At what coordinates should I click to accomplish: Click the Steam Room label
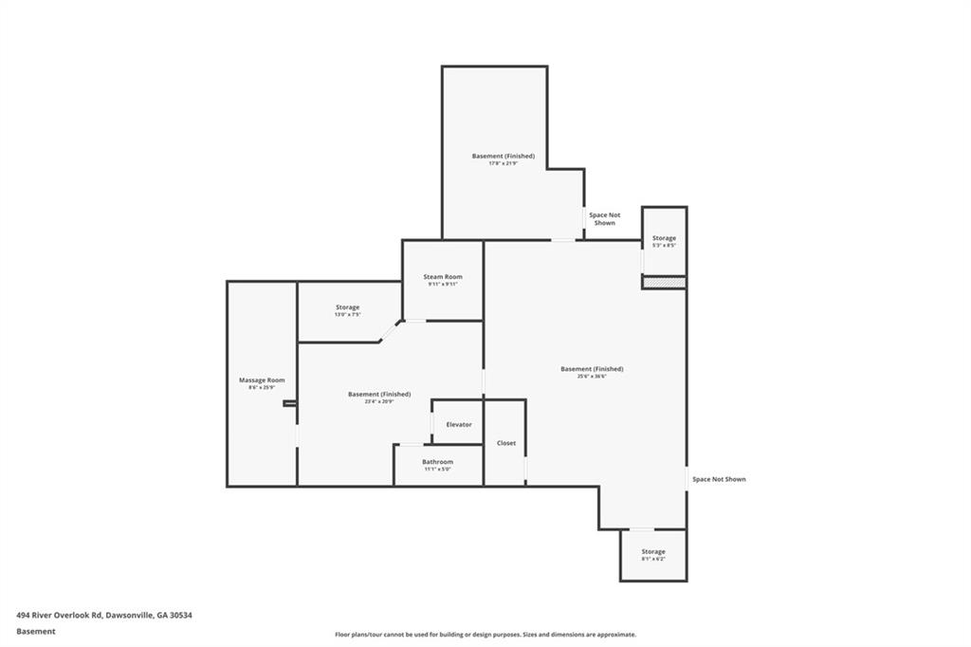[x=443, y=276]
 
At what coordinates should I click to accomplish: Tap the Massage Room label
[x=262, y=379]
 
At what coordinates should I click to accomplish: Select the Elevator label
[x=459, y=424]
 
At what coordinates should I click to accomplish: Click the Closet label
[x=506, y=443]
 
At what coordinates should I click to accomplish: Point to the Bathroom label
[x=437, y=461]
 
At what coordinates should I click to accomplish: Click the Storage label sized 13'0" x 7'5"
[x=347, y=306]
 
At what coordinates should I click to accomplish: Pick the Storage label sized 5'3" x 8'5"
[x=664, y=237]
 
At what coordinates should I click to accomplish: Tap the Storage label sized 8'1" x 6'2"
[x=652, y=551]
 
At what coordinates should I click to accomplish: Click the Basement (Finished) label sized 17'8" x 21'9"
[x=504, y=156]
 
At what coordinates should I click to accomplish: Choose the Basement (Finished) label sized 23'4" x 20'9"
[x=379, y=394]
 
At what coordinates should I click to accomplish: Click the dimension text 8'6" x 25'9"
[x=262, y=387]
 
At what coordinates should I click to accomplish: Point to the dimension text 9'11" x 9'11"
[x=443, y=284]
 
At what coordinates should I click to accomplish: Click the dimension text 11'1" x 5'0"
[x=437, y=469]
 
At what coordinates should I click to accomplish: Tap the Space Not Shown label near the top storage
[x=605, y=219]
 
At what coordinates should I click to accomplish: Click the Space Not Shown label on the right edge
[x=719, y=479]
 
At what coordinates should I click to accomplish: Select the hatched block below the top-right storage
[x=664, y=282]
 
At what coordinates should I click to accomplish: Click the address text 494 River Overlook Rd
[x=104, y=615]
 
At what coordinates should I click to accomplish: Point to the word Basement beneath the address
[x=36, y=631]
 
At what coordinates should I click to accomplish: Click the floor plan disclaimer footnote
[x=485, y=635]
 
